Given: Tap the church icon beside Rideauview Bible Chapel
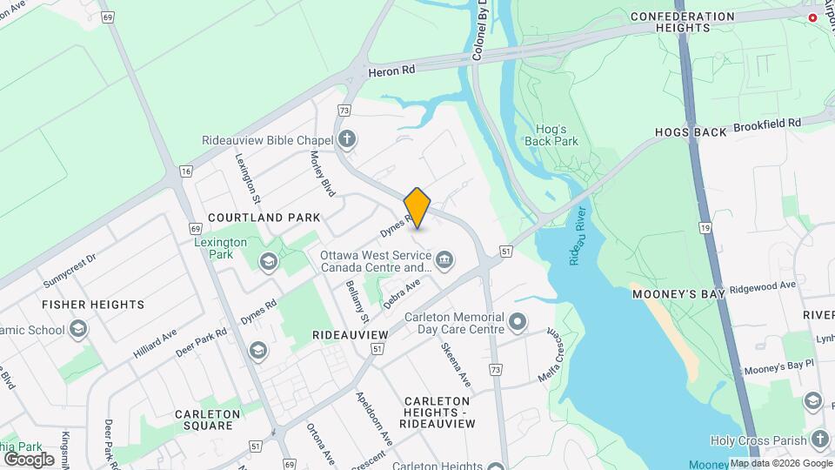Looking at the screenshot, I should coord(347,138).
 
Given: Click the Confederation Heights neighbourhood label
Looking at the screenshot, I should coord(683,23).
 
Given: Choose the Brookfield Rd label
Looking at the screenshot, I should coord(766,125).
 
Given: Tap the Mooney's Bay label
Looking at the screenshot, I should coord(678,295).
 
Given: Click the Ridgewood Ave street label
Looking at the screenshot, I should coord(763,285).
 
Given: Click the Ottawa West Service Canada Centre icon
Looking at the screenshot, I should coord(444,259).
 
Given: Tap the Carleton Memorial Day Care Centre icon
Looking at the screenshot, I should coord(518,323).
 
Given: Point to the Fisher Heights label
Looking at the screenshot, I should coord(93,305).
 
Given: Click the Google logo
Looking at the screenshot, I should coord(29,459).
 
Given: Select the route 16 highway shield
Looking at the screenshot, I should coord(186,171).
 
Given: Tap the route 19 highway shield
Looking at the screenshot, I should coord(705,228).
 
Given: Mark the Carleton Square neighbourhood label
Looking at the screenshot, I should coord(204,420).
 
